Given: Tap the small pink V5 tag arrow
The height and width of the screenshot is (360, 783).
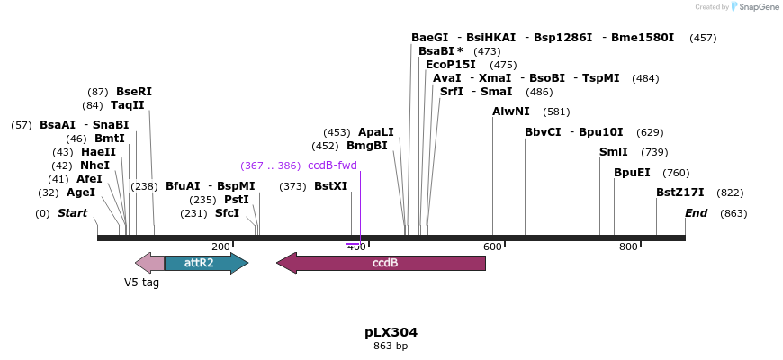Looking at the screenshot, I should pos(149,263).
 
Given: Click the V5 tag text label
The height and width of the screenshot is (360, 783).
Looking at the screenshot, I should pos(141,282).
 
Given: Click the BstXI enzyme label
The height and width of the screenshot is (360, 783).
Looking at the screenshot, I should pos(330,186).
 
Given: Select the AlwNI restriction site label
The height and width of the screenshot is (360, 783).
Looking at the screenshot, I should pos(511,112).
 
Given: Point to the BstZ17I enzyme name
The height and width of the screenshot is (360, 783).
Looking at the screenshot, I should pos(679,193).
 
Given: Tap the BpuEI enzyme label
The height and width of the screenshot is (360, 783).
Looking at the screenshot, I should pos(632,173).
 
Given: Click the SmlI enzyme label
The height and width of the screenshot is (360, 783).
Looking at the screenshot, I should pos(614,152).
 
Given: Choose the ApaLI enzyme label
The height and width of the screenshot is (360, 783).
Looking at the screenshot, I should pos(376,132).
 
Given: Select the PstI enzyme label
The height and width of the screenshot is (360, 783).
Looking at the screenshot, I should pos(237,200).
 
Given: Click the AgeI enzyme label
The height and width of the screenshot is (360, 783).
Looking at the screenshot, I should pos(81,193).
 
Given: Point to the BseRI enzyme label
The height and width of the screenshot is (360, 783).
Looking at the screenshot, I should pos(134,92).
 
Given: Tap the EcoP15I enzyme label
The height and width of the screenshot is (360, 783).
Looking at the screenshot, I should pos(451,65).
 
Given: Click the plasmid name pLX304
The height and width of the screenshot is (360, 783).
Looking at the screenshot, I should pos(391,332).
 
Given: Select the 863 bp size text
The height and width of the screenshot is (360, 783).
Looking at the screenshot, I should pos(391,346).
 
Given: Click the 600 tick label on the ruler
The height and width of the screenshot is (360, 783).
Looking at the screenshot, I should pos(492,247).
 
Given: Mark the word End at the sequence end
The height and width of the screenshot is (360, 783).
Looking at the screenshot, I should pos(696,213).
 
